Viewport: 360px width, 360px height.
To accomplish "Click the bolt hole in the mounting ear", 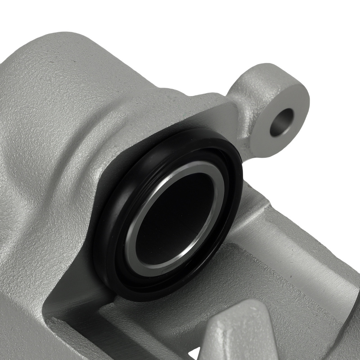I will click(x=282, y=122).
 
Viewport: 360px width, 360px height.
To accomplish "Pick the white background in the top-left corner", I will click(x=22, y=18).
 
